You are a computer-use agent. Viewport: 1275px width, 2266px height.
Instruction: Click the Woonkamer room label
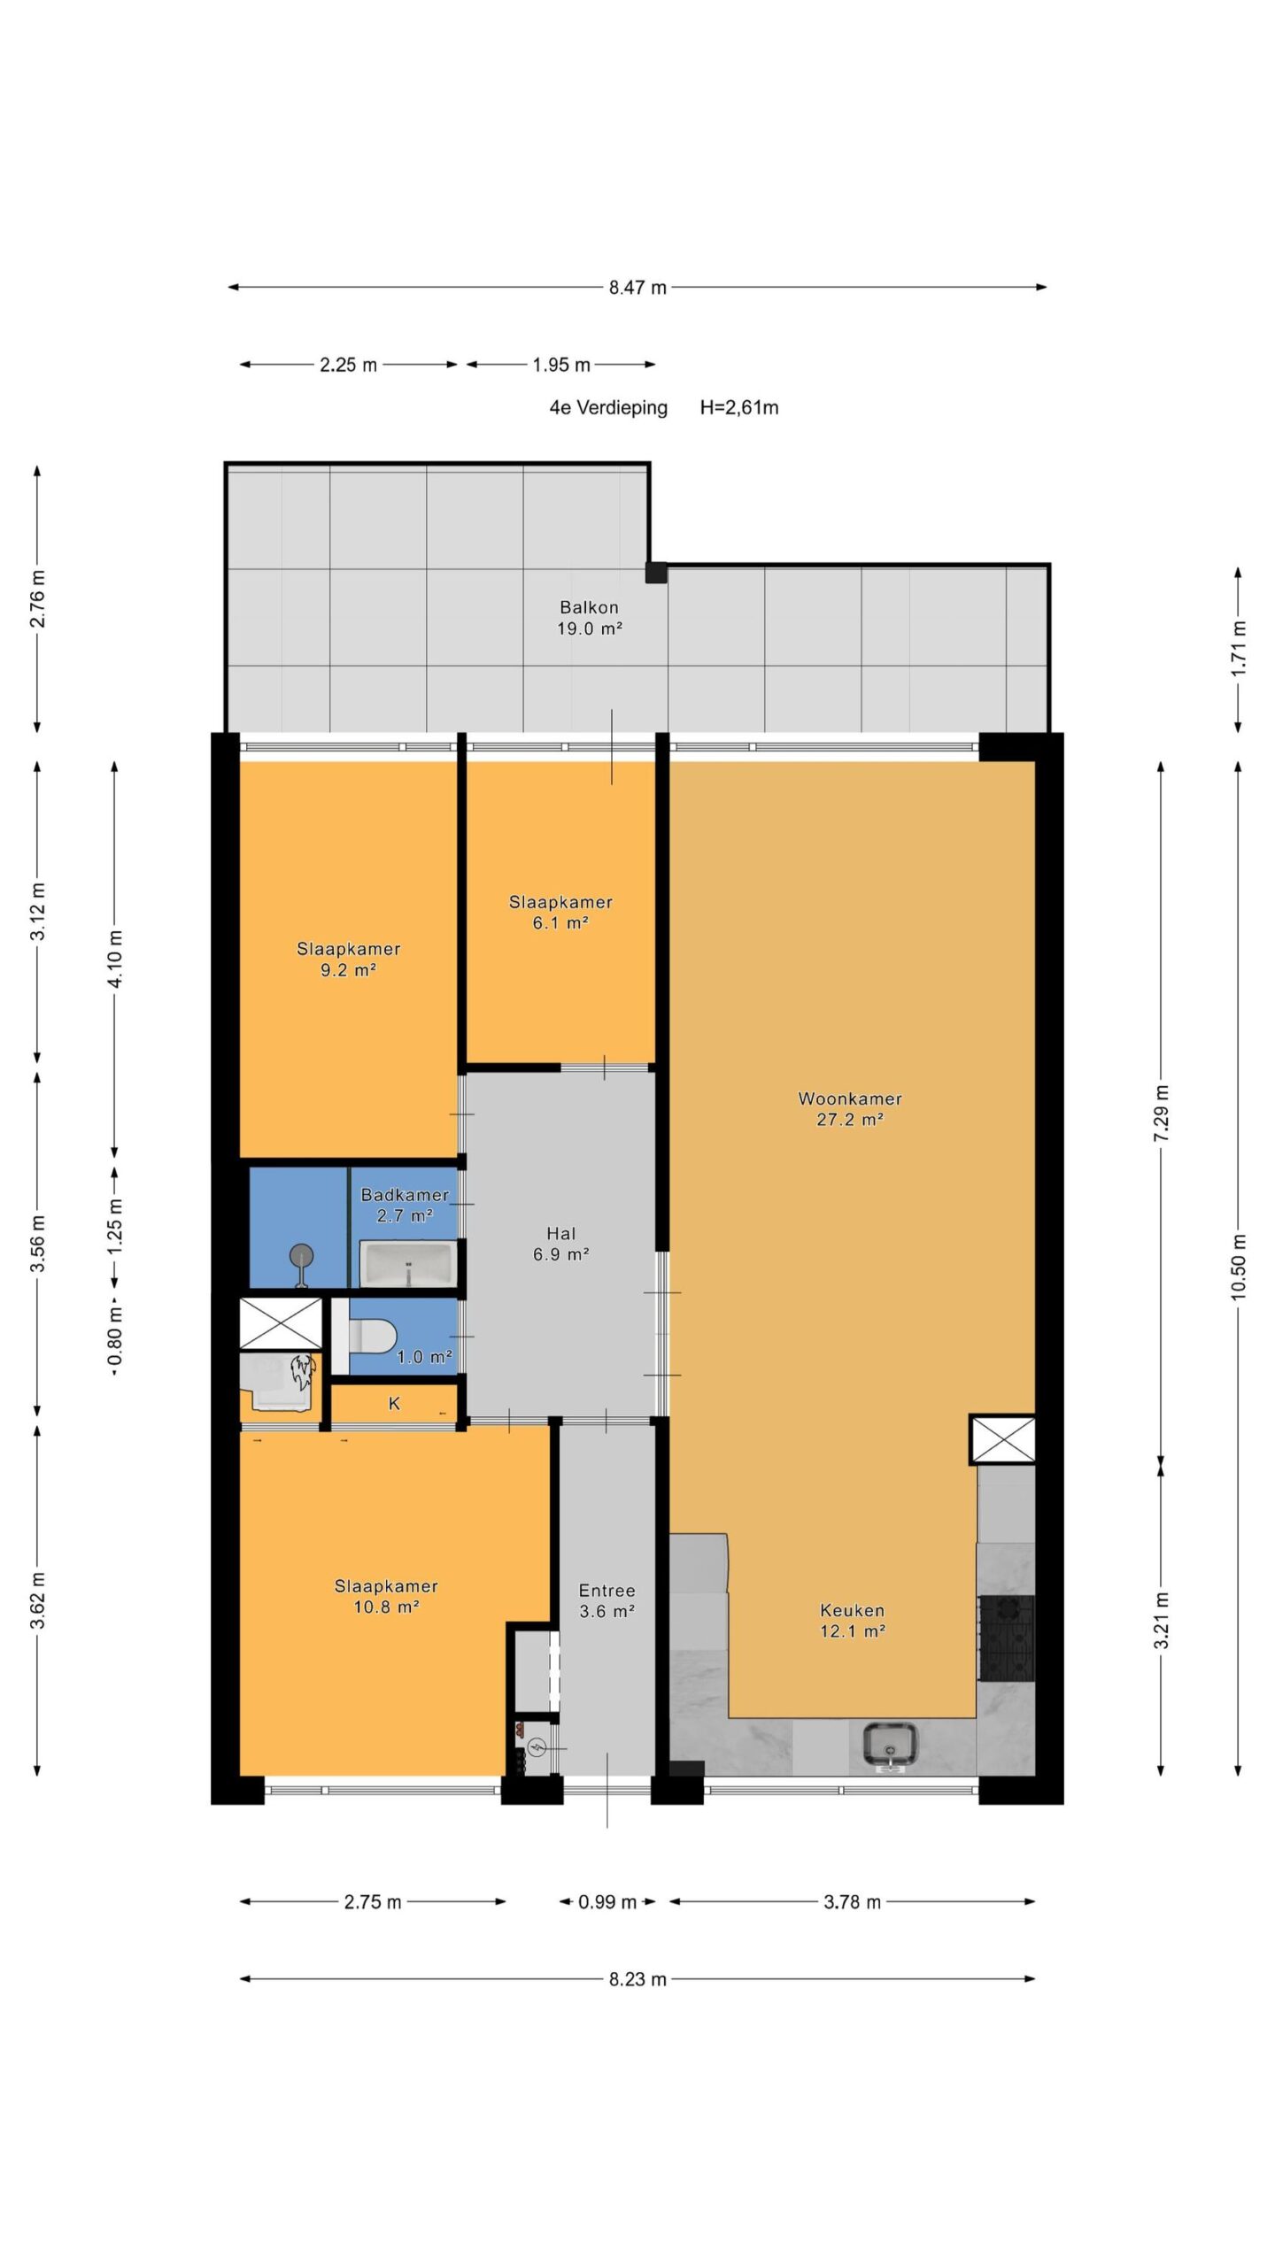pyautogui.click(x=850, y=1098)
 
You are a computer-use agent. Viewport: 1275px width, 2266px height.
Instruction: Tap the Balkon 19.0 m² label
pyautogui.click(x=589, y=618)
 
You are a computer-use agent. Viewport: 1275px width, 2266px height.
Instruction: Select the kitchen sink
pyautogui.click(x=890, y=1746)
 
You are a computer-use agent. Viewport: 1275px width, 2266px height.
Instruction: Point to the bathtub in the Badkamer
pyautogui.click(x=408, y=1262)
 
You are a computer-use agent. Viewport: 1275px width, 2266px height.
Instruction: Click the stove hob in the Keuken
pyautogui.click(x=1006, y=1638)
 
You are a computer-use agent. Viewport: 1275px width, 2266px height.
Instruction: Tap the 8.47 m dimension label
pyautogui.click(x=637, y=288)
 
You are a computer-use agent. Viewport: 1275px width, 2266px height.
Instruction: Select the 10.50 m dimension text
pyautogui.click(x=1238, y=1267)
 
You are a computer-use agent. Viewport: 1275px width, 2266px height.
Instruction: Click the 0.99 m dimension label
pyautogui.click(x=607, y=1901)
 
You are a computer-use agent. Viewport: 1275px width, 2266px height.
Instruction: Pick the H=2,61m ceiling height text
pyautogui.click(x=739, y=407)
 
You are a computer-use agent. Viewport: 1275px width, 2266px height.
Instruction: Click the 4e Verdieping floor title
pyautogui.click(x=608, y=408)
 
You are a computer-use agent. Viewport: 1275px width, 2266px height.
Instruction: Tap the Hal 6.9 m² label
pyautogui.click(x=561, y=1244)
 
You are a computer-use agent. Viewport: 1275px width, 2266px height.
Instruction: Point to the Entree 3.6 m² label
pyautogui.click(x=607, y=1600)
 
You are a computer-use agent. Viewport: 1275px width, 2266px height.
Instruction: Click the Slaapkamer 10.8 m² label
pyautogui.click(x=386, y=1596)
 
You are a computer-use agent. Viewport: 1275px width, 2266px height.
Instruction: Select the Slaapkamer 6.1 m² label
pyautogui.click(x=560, y=912)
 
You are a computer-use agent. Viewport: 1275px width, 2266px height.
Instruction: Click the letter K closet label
pyautogui.click(x=395, y=1404)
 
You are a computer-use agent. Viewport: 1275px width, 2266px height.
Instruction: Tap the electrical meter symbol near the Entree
pyautogui.click(x=537, y=1747)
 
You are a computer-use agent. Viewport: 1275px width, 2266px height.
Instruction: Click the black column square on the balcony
pyautogui.click(x=655, y=572)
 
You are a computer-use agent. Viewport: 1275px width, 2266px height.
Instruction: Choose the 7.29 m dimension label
pyautogui.click(x=1162, y=1113)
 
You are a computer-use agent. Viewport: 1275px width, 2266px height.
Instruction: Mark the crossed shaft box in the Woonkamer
pyautogui.click(x=1002, y=1439)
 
